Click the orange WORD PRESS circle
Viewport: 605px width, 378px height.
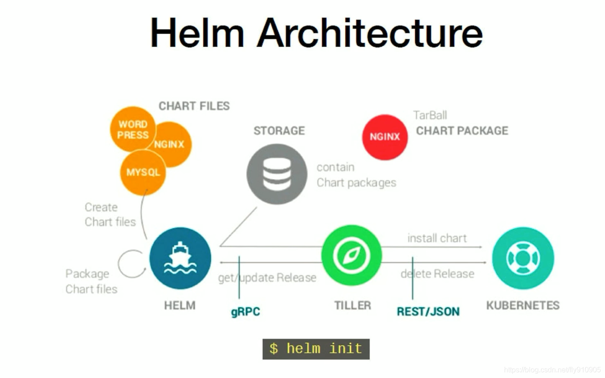(133, 129)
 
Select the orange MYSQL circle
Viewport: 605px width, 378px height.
(143, 173)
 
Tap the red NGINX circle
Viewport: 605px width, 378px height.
(385, 137)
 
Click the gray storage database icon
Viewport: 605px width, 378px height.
(276, 174)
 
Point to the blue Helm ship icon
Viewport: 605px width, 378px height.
(180, 258)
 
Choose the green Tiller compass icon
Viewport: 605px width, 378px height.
(351, 255)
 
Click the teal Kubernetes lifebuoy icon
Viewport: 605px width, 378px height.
(522, 258)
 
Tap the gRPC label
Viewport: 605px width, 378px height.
(245, 312)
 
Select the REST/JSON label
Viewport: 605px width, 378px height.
(428, 311)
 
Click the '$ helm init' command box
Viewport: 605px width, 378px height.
(316, 349)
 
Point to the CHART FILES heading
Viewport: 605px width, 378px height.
(194, 106)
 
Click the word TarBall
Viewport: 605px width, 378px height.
(430, 115)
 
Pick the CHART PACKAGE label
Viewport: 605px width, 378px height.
(462, 131)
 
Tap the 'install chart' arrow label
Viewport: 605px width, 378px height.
(437, 238)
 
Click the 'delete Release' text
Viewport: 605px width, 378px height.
(437, 273)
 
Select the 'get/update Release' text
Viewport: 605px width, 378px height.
(267, 278)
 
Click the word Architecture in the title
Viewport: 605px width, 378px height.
(370, 32)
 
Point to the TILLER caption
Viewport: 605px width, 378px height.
(353, 305)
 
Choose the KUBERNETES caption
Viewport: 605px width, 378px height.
(522, 305)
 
